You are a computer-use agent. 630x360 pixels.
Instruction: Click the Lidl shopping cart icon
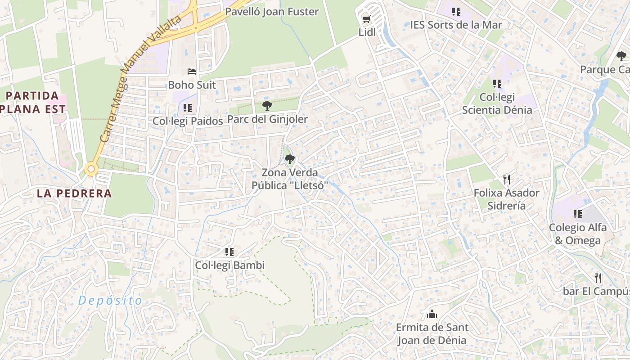(366, 19)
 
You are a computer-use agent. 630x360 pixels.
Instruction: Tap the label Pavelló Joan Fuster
(272, 12)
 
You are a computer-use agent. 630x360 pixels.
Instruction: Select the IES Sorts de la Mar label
(456, 25)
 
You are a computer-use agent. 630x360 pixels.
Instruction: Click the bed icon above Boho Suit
(192, 72)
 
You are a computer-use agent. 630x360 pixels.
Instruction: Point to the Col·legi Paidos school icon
(188, 108)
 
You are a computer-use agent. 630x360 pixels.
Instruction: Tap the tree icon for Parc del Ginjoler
(267, 106)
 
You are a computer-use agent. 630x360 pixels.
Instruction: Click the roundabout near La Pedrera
(91, 169)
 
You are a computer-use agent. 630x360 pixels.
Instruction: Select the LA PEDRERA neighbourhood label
(74, 193)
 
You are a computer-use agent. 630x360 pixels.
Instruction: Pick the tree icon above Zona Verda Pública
(290, 159)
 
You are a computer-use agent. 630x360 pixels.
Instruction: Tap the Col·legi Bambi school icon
(229, 252)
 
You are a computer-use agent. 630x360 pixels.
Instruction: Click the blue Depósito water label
(110, 301)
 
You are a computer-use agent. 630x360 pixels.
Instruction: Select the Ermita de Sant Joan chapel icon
(432, 314)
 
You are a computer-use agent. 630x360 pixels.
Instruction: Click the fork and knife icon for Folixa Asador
(507, 180)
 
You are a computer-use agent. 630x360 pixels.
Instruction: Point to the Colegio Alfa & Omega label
(578, 234)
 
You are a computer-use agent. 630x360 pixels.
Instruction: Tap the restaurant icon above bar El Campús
(598, 278)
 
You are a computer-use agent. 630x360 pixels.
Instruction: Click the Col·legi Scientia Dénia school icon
(497, 84)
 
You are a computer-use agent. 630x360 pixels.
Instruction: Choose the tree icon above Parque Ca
(621, 56)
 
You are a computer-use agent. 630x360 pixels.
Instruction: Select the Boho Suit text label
(192, 85)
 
